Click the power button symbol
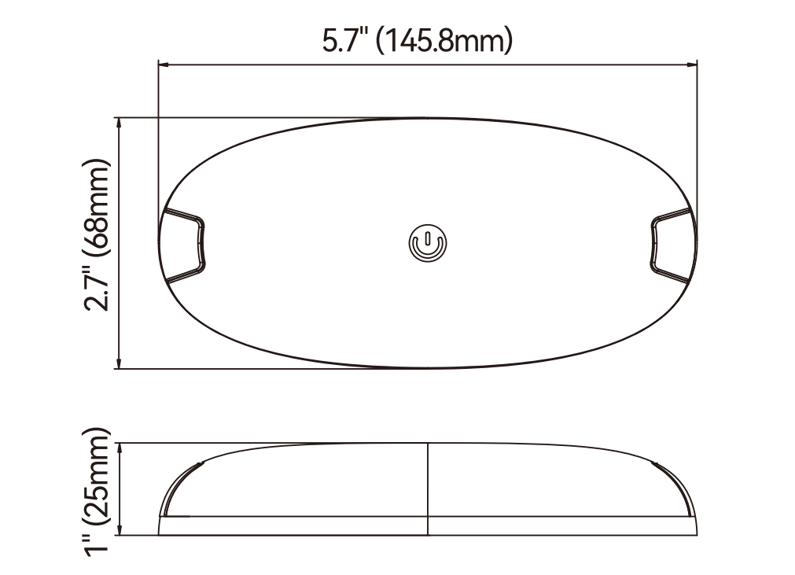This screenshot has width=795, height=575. click(428, 243)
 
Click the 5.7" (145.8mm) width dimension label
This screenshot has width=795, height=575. click(418, 41)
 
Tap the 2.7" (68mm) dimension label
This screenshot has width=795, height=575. click(97, 234)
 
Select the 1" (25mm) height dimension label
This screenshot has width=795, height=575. click(97, 492)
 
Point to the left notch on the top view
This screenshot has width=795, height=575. click(183, 245)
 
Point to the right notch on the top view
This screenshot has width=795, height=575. click(672, 245)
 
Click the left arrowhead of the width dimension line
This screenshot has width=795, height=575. click(164, 65)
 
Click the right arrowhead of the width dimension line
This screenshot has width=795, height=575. click(692, 65)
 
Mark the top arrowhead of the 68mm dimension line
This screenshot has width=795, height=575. click(119, 123)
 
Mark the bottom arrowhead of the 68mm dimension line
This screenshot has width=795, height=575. click(119, 363)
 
